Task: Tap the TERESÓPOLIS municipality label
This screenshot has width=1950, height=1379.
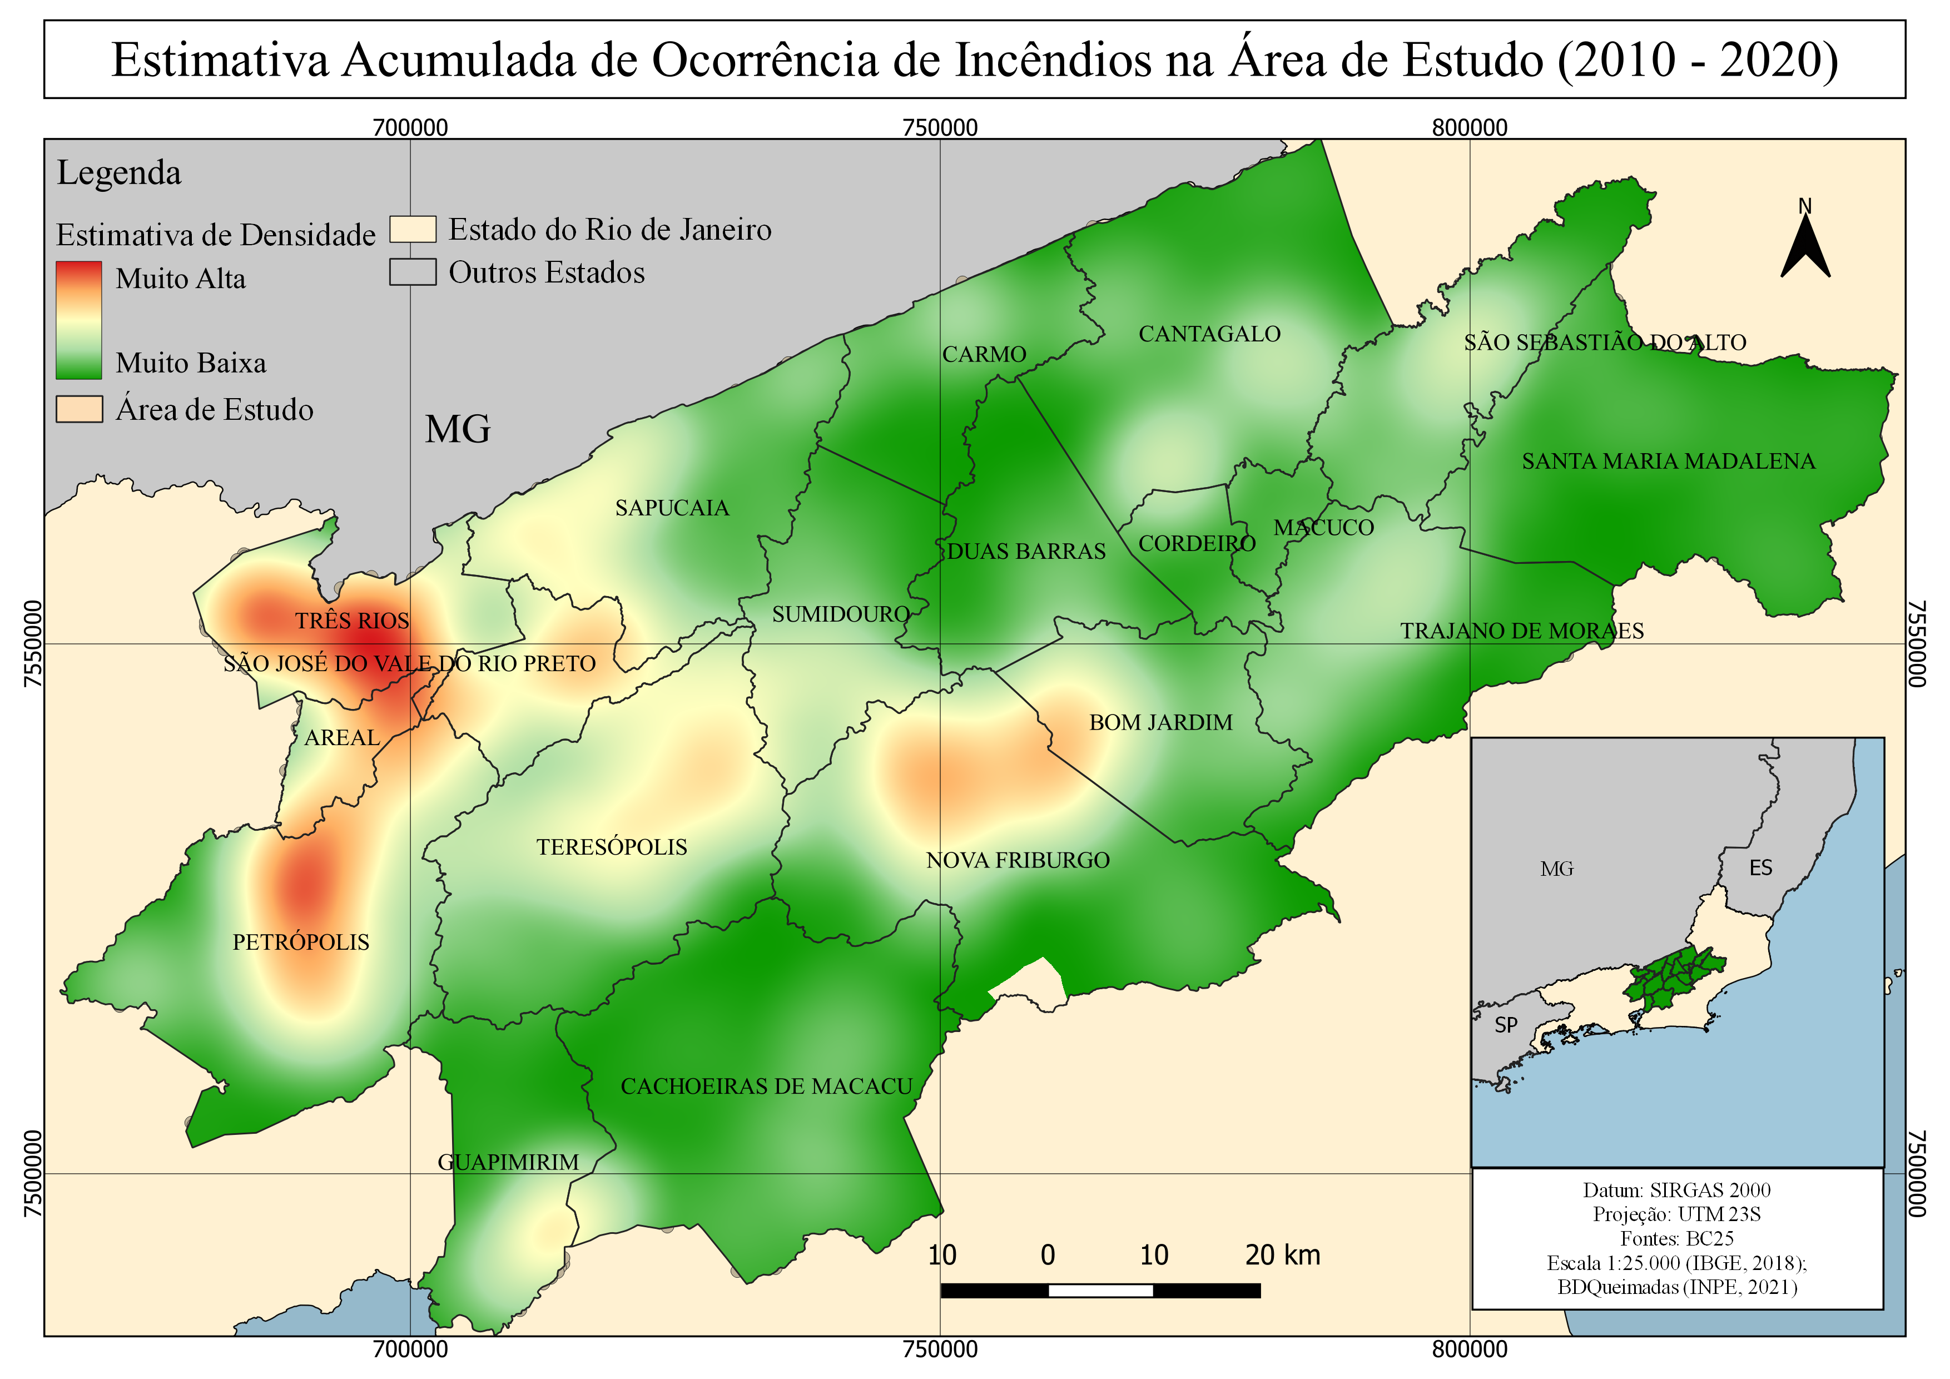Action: click(612, 847)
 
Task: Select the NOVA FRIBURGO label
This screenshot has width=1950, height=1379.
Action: click(1018, 860)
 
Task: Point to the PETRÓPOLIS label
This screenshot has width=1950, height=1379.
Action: click(301, 942)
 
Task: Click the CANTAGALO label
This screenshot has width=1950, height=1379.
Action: click(1209, 334)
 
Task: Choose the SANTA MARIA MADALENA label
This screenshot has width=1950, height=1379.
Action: click(1668, 461)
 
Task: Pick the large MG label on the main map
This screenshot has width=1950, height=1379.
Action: click(458, 430)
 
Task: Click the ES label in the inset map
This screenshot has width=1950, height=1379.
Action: click(1760, 868)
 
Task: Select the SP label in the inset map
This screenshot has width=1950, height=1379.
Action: click(1506, 1025)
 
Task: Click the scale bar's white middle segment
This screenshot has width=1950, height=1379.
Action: click(1101, 1291)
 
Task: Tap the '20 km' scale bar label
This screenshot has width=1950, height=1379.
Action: click(1282, 1255)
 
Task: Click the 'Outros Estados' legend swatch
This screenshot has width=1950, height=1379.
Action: click(413, 272)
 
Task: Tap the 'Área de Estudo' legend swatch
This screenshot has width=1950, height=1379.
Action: click(79, 409)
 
